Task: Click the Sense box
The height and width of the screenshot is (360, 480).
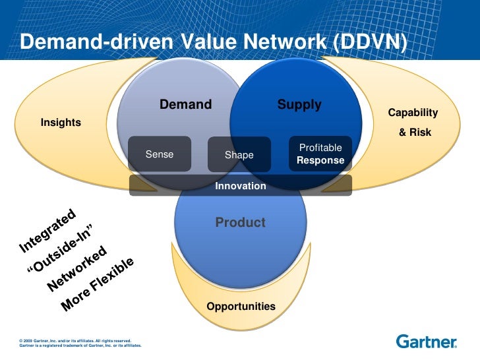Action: (159, 154)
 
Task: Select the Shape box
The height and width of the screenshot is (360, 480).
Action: (239, 155)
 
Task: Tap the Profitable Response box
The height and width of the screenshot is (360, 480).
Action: (320, 154)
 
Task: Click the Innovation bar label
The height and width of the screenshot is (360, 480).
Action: (241, 186)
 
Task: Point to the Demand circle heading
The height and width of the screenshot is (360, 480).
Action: (185, 104)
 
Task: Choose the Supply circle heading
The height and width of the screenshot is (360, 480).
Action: (299, 104)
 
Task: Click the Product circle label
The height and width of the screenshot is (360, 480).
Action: (240, 222)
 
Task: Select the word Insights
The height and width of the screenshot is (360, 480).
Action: (61, 122)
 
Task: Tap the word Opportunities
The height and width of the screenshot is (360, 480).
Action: (241, 307)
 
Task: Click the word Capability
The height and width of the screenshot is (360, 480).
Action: (413, 113)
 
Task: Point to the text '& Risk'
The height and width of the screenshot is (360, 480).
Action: (415, 132)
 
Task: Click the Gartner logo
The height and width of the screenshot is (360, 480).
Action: (427, 341)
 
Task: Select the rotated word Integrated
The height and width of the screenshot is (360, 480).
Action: (49, 231)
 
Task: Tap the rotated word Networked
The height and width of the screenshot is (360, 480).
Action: (78, 269)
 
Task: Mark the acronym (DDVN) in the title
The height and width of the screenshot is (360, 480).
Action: (370, 42)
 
